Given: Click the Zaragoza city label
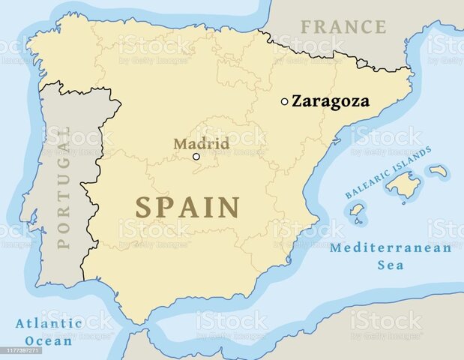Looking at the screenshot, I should click(330, 101).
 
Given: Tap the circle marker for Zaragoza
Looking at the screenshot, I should click(284, 101).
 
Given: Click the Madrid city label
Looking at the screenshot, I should click(201, 143).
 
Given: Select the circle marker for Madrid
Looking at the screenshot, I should click(196, 157).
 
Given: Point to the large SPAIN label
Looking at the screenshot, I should click(187, 207).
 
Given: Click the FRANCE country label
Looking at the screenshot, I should click(343, 27).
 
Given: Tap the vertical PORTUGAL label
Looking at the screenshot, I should click(64, 187).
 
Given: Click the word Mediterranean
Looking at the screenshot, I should click(390, 248).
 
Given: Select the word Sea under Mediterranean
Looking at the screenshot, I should click(390, 265).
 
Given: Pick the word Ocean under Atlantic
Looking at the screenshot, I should click(48, 340).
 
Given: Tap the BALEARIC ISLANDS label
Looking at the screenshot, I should click(388, 173).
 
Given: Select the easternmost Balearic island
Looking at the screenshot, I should click(439, 171).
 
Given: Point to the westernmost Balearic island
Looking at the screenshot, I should click(357, 209).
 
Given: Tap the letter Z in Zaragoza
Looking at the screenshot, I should click(297, 101).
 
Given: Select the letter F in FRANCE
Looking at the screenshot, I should click(307, 27).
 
